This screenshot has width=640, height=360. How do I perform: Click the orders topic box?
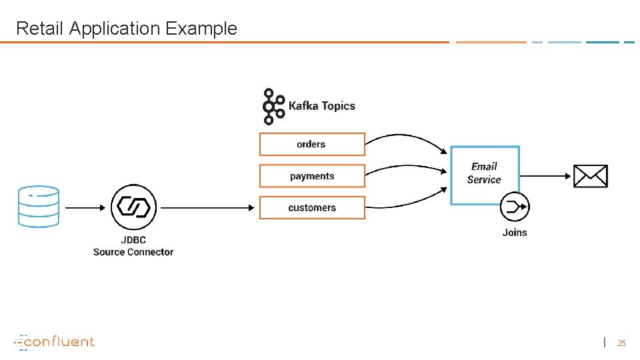(312, 144)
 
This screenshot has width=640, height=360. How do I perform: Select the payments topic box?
(312, 176)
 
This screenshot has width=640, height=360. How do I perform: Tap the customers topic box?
(312, 207)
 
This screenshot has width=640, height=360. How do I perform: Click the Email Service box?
(485, 175)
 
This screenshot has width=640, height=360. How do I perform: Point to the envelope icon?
(591, 176)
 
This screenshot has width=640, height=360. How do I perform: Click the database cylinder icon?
(39, 207)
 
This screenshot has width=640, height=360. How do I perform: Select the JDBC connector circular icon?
(133, 207)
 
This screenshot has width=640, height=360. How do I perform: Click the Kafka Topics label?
(321, 106)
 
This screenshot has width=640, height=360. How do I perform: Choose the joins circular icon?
(515, 207)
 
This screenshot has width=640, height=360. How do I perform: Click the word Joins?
(515, 233)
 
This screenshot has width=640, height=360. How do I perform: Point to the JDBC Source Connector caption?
(133, 246)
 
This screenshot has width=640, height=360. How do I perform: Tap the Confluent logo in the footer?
(55, 342)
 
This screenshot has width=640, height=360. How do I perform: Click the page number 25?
(621, 343)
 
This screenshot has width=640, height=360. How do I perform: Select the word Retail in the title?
(40, 29)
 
